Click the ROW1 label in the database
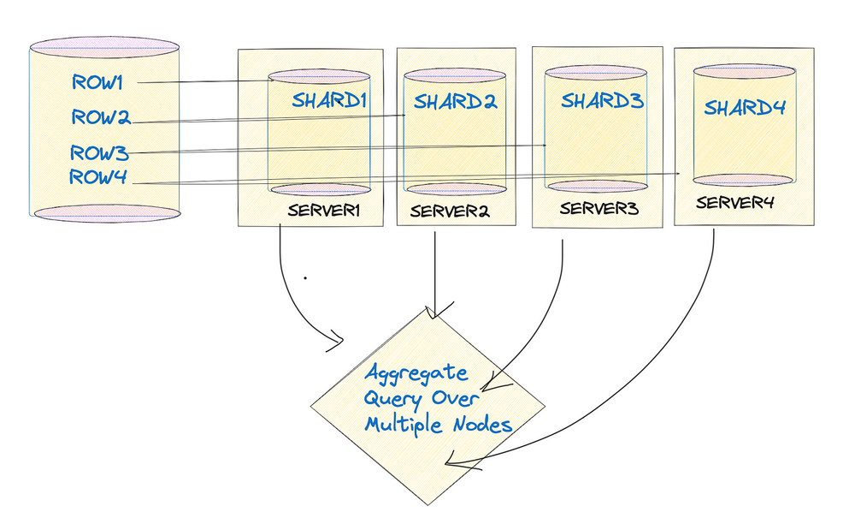98,83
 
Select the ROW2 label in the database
101,117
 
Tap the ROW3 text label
99,153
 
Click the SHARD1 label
330,100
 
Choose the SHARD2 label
456,102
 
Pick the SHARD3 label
602,100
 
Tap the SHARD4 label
745,108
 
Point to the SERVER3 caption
599,208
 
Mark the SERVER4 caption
734,203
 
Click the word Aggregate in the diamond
417,373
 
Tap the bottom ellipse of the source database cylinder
106,213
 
